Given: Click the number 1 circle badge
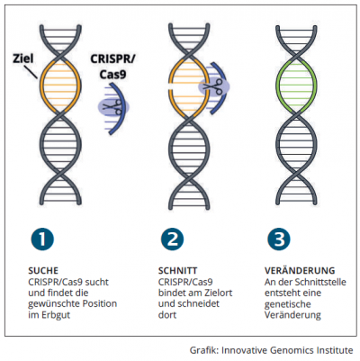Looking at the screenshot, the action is click(x=42, y=239).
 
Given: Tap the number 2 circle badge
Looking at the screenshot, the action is click(x=173, y=239).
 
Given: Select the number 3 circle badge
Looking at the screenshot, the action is click(x=279, y=239).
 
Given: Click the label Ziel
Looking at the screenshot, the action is click(x=23, y=59).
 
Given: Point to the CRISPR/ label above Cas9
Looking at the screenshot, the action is click(x=112, y=59).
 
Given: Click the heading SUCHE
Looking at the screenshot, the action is click(x=43, y=270).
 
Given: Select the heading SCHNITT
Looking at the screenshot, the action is click(x=177, y=270).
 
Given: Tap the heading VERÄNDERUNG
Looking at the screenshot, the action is click(x=300, y=270).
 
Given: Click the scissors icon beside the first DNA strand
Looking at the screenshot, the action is click(x=112, y=107).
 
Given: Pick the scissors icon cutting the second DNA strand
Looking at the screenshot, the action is click(x=213, y=86).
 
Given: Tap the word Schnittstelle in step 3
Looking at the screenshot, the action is click(x=320, y=282).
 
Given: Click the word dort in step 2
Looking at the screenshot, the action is click(x=167, y=315).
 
